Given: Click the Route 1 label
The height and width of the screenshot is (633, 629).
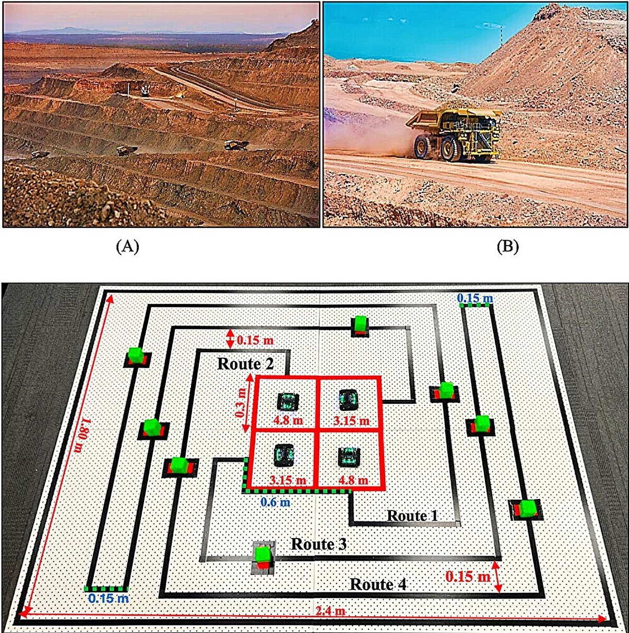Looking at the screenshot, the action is pyautogui.click(x=413, y=516).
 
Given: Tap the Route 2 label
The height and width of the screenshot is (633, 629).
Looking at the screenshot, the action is pyautogui.click(x=245, y=364).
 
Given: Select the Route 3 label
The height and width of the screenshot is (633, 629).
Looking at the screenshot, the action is pyautogui.click(x=319, y=544).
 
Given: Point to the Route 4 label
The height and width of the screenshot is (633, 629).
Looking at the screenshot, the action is pyautogui.click(x=378, y=584).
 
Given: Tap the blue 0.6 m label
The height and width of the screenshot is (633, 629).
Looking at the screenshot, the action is pyautogui.click(x=275, y=502).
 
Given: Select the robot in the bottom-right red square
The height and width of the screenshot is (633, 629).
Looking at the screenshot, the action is pyautogui.click(x=349, y=457).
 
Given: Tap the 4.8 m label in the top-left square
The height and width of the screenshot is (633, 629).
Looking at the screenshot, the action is pyautogui.click(x=288, y=420).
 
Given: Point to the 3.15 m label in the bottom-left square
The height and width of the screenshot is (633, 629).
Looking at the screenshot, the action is pyautogui.click(x=288, y=480).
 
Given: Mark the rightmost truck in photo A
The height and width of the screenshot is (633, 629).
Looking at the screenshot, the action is pyautogui.click(x=236, y=145).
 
